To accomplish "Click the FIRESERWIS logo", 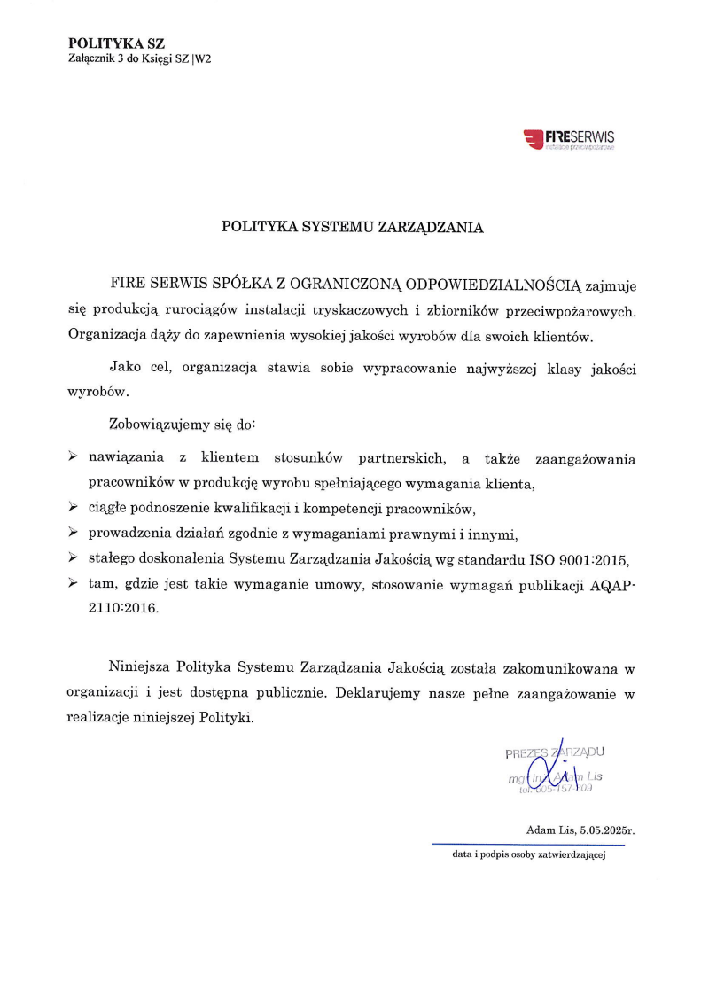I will tap(570, 139).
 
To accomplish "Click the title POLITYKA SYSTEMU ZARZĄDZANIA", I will tap(352, 227).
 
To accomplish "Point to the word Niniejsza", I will tap(139, 666).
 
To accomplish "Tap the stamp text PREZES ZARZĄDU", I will tap(555, 753).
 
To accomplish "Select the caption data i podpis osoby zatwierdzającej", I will tap(527, 858).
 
